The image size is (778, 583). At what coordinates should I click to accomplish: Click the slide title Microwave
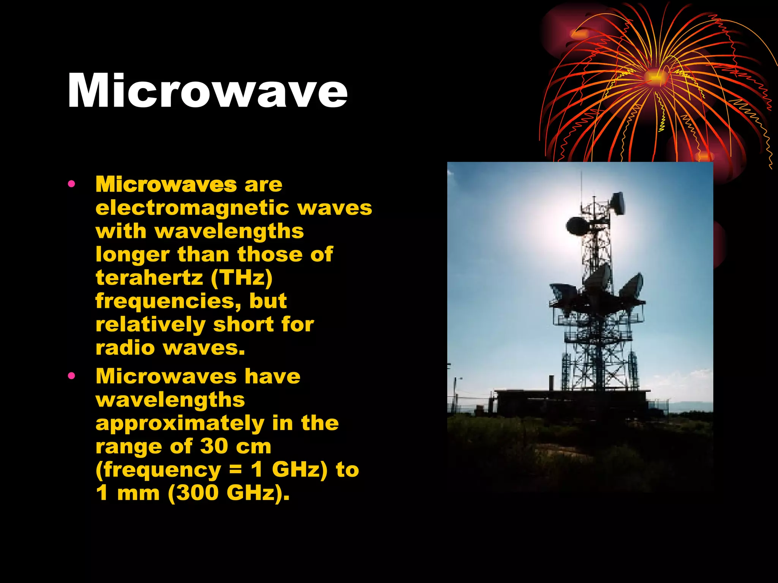[x=207, y=91]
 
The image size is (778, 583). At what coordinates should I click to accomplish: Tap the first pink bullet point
[x=71, y=184]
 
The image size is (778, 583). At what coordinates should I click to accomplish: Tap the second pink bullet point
[x=71, y=376]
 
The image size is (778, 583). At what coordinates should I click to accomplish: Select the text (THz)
[x=242, y=278]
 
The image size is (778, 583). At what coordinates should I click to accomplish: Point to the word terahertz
[x=149, y=278]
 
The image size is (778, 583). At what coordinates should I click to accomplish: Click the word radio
[x=125, y=348]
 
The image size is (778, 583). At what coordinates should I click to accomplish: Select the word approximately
[x=180, y=424]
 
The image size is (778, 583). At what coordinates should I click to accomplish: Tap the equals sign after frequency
[x=236, y=470]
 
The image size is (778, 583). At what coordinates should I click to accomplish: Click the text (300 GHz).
[x=228, y=493]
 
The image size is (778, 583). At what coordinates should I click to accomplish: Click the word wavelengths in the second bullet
[x=170, y=400]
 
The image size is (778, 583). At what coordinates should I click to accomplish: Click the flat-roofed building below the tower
[x=570, y=402]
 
